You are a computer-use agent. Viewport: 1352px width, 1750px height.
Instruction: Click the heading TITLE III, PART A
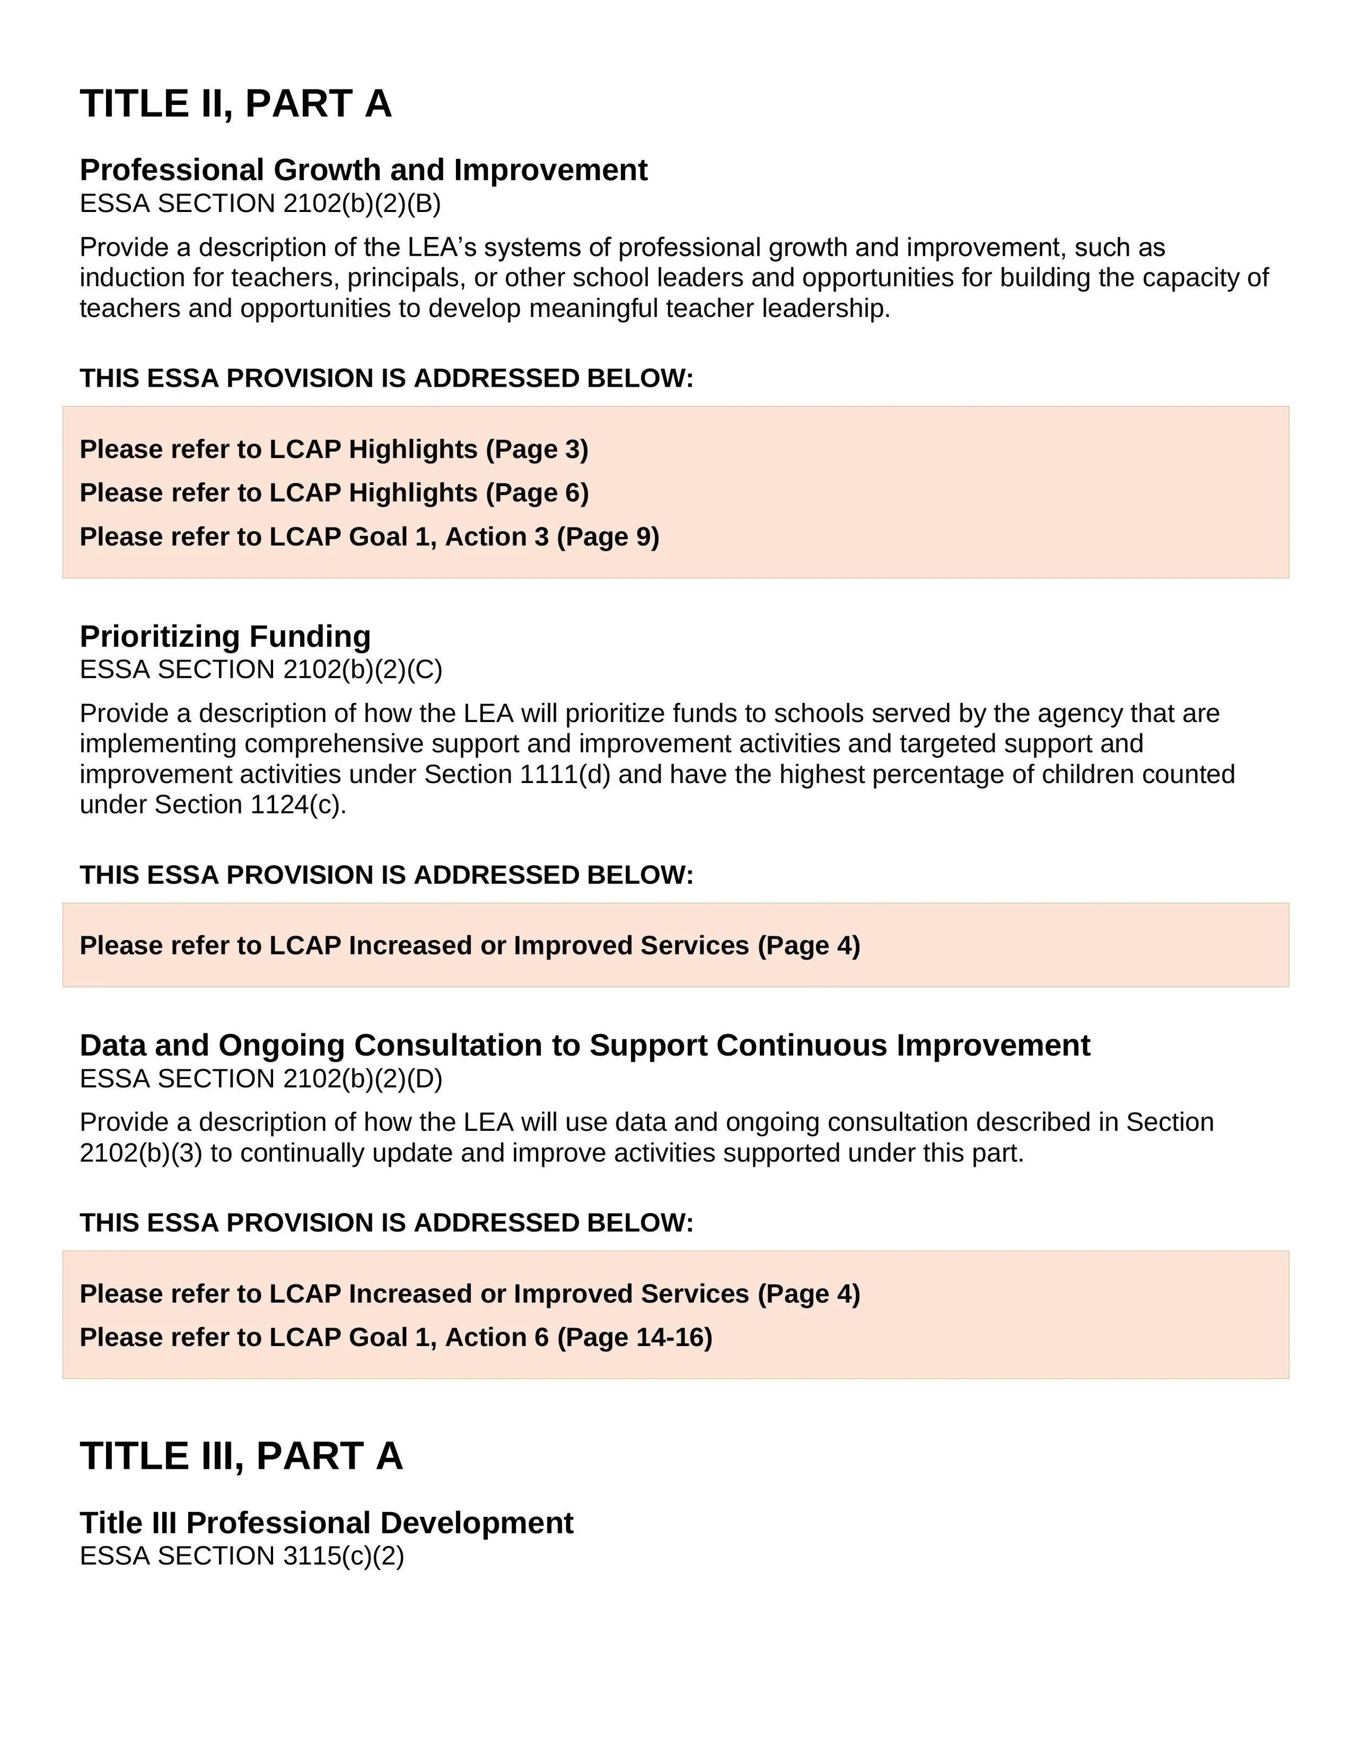[x=241, y=1456]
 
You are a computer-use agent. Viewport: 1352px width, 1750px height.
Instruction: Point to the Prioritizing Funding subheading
[x=225, y=637]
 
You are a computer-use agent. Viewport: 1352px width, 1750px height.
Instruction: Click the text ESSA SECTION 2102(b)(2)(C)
[x=261, y=670]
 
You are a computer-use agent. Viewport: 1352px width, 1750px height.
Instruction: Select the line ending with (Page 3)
[x=333, y=449]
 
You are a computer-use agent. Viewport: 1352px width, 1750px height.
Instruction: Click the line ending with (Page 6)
[x=333, y=493]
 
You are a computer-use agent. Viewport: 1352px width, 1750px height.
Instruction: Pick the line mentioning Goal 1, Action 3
[x=369, y=537]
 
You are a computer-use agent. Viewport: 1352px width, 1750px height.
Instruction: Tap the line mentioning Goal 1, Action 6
[x=395, y=1337]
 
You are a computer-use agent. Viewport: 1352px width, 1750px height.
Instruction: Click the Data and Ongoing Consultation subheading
[x=584, y=1046]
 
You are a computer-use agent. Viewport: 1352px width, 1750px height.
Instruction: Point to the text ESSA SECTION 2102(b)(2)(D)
[x=261, y=1079]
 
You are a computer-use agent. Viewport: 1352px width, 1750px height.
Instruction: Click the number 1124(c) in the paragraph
[x=297, y=805]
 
